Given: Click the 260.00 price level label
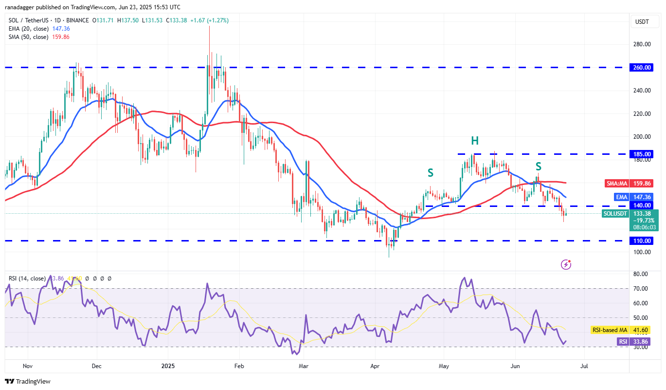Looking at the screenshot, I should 642,68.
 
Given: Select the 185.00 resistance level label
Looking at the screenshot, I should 642,154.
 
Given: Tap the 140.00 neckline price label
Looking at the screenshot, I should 642,205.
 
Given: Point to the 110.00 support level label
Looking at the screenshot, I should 642,241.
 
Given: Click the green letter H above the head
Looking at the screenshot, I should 474,141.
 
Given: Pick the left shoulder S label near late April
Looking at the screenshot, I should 431,172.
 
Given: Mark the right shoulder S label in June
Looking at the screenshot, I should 539,167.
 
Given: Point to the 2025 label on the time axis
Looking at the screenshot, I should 168,366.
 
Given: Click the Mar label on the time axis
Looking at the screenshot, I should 303,366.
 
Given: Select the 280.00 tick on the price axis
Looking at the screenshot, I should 642,44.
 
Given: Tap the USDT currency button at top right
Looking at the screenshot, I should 642,21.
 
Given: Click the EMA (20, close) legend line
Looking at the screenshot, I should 39,29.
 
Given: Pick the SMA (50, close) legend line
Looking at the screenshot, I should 39,37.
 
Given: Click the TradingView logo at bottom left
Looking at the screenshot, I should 28,381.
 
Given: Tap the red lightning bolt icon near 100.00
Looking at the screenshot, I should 566,264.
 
